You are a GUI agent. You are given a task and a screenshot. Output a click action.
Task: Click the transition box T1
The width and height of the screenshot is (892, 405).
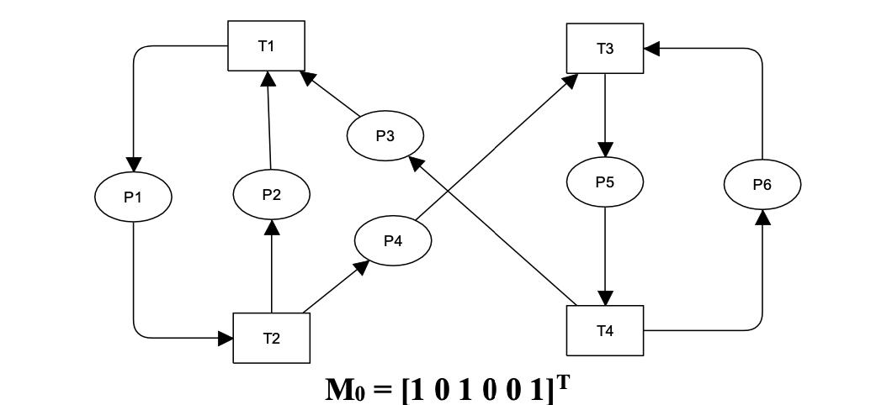[x=266, y=46]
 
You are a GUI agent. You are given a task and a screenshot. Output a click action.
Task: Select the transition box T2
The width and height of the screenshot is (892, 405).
[x=271, y=338]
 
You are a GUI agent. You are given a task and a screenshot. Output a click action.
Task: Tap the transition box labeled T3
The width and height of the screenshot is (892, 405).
[x=604, y=49]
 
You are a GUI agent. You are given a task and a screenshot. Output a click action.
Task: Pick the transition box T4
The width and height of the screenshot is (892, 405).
[x=604, y=330]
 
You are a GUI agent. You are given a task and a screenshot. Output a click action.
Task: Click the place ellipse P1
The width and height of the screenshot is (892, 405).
[x=133, y=197]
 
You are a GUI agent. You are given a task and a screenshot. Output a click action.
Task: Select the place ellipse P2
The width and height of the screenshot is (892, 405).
[x=271, y=195]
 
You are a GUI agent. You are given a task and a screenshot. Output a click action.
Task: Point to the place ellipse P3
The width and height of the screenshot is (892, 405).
[x=385, y=135]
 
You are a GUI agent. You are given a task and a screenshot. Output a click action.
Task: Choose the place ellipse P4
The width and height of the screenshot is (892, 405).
[x=393, y=241]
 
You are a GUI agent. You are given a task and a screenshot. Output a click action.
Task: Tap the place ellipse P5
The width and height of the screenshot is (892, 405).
[x=604, y=181]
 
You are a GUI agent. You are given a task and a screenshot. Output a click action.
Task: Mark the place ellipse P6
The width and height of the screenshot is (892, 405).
[x=762, y=184]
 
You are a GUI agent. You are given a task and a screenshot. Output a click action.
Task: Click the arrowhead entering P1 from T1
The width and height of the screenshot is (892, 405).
[x=133, y=164]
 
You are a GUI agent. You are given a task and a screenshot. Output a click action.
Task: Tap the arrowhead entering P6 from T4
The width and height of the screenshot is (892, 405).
[x=762, y=217]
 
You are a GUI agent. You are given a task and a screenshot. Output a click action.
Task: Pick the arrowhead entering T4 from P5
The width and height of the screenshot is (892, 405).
[x=604, y=298]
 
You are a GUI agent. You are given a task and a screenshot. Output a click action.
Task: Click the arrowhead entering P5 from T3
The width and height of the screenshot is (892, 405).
[x=604, y=149]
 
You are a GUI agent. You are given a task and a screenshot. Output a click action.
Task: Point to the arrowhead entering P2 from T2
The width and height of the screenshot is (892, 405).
[x=271, y=227]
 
